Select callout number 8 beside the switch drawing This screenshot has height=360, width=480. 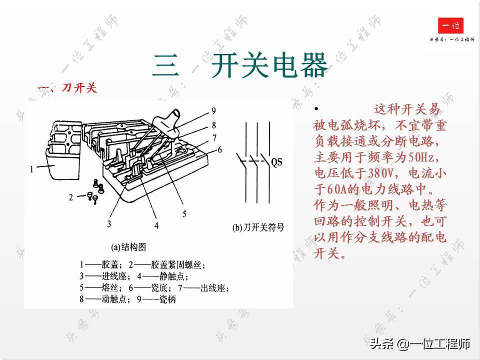214,125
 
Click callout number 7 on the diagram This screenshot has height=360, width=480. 214,138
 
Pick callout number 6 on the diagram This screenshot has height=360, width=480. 219,149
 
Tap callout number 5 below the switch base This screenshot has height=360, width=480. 184,214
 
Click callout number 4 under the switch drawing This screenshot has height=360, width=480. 156,225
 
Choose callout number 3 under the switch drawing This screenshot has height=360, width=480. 109,223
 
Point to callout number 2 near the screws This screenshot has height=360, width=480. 71,197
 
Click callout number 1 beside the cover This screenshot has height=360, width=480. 31,169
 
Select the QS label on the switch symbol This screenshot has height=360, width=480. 277,162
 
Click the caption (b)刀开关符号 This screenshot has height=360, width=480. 258,227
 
